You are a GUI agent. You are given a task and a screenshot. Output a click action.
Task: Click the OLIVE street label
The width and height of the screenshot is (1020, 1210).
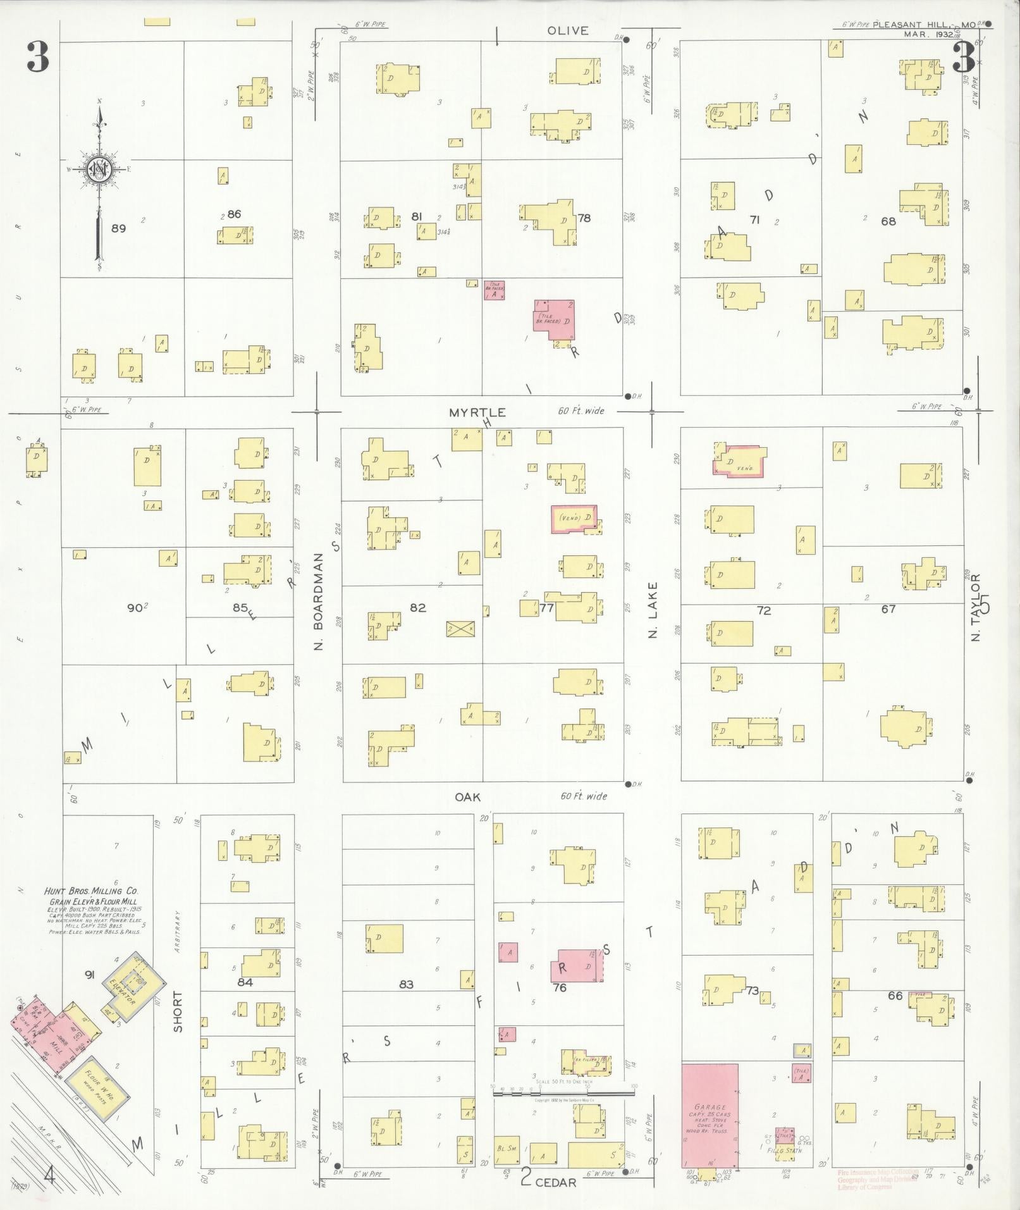567,30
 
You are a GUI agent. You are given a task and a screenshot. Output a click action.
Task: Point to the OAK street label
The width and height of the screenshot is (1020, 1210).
468,797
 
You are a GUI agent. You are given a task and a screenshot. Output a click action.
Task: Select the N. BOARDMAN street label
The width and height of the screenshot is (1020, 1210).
319,601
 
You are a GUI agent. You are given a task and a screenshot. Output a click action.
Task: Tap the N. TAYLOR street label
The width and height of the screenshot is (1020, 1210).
975,607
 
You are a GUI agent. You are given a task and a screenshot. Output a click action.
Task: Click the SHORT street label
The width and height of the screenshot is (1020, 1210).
178,1011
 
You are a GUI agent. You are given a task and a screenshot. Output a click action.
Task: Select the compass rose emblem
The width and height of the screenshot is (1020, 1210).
100,170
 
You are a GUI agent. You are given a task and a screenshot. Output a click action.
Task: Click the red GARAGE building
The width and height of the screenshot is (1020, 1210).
710,1115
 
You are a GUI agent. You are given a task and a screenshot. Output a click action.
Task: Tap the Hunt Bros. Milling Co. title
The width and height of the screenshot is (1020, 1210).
92,891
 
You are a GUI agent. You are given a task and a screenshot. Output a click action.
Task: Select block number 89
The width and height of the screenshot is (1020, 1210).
118,228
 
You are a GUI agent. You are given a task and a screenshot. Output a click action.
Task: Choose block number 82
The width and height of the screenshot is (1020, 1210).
417,608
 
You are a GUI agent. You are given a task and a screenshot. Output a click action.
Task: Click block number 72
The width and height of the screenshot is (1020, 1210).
764,610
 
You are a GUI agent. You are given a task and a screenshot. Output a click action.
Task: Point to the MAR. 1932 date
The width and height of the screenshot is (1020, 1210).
928,34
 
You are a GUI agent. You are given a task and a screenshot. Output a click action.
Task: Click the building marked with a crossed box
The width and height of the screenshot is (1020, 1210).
460,628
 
